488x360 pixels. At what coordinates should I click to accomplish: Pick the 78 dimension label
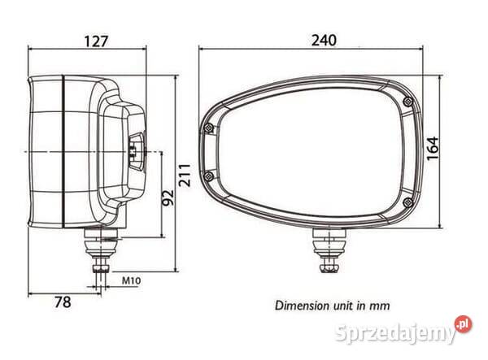(62, 302)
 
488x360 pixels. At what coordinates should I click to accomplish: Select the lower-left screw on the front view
(211, 177)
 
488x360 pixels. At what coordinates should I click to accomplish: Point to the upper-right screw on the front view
(407, 101)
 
